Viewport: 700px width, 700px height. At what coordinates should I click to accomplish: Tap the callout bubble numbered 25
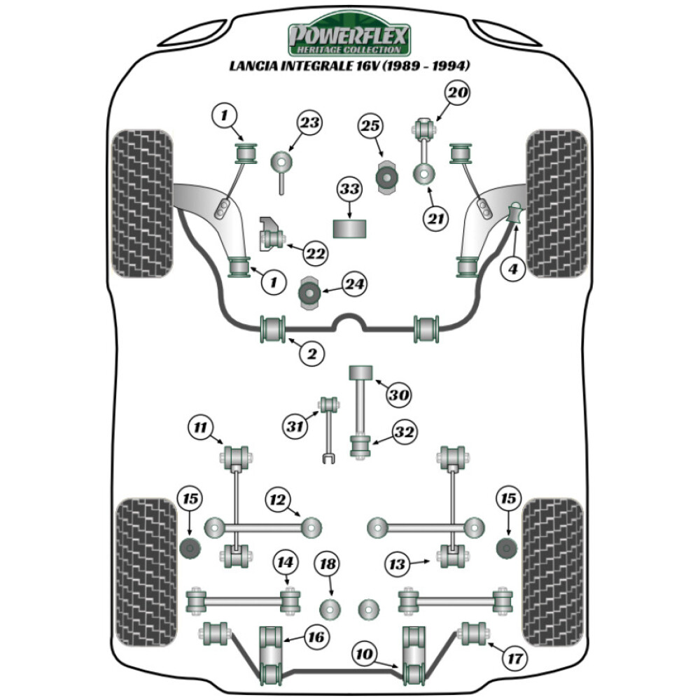(372, 126)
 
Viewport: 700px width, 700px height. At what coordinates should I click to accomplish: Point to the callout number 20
(458, 93)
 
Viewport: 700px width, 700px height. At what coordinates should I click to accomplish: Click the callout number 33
(349, 189)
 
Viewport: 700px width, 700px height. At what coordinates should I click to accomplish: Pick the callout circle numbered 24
(355, 283)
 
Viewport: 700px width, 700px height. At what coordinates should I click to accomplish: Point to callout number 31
(296, 424)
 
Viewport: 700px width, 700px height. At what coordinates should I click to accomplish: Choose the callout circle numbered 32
(404, 433)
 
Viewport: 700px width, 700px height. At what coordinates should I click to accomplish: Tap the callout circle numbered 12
(279, 500)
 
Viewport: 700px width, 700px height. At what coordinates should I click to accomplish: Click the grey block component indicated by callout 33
(349, 228)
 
